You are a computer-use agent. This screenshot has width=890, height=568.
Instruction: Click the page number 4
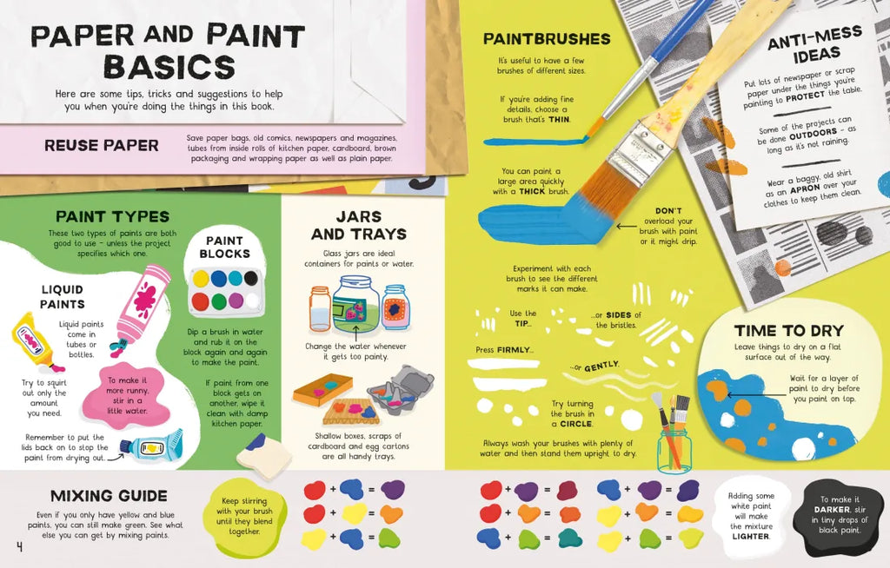(19, 547)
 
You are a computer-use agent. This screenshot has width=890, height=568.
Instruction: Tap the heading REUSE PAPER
(102, 146)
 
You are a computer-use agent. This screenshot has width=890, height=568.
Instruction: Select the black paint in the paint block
(251, 278)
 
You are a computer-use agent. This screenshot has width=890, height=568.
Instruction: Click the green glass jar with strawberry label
(355, 305)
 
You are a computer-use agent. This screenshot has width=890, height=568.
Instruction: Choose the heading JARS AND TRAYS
(359, 225)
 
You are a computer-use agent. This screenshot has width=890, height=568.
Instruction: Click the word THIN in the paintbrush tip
(559, 119)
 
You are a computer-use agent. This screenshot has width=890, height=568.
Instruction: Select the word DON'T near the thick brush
(668, 210)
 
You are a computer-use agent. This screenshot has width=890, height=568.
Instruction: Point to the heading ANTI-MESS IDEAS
(815, 45)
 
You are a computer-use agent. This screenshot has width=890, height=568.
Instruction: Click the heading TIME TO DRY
(788, 331)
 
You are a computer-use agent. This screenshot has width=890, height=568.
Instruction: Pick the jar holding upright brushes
(674, 451)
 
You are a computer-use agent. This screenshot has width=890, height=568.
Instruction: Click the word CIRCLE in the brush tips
(576, 424)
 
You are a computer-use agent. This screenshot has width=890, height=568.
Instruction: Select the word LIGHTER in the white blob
(750, 536)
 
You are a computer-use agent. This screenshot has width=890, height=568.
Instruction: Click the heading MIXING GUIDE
(109, 496)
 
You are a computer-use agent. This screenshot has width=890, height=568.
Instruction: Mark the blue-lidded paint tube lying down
(151, 446)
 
